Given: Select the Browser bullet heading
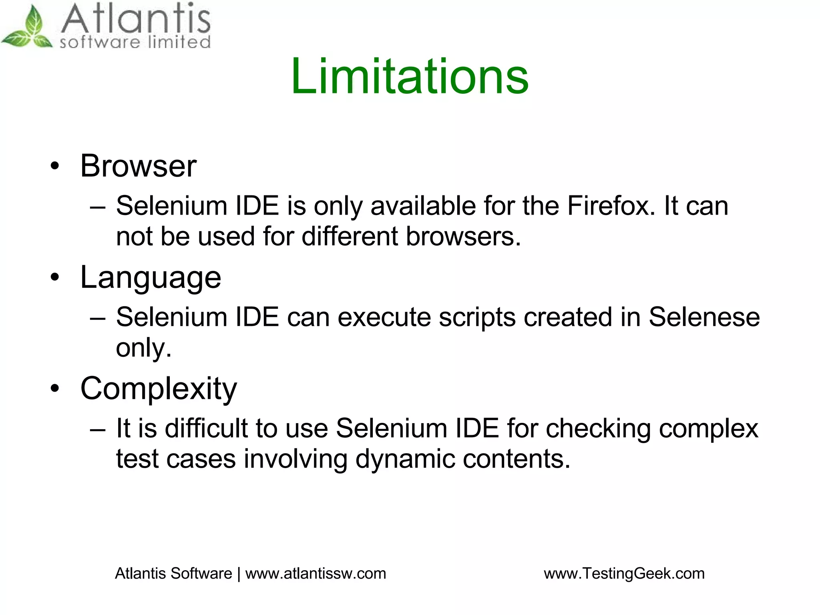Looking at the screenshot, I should click(x=138, y=166).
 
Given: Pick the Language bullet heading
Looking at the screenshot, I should click(x=151, y=277).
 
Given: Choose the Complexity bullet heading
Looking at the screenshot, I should click(x=159, y=388).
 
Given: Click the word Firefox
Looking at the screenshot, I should click(x=611, y=206).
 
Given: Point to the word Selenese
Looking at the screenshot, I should click(x=704, y=317).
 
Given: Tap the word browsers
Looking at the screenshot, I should click(x=463, y=236).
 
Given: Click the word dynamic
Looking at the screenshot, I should click(x=405, y=459).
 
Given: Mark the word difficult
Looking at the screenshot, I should click(x=206, y=428).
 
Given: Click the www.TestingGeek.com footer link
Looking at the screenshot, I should click(x=624, y=574).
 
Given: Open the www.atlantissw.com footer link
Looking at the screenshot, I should click(x=316, y=574).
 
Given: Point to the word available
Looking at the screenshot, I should click(x=423, y=206).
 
